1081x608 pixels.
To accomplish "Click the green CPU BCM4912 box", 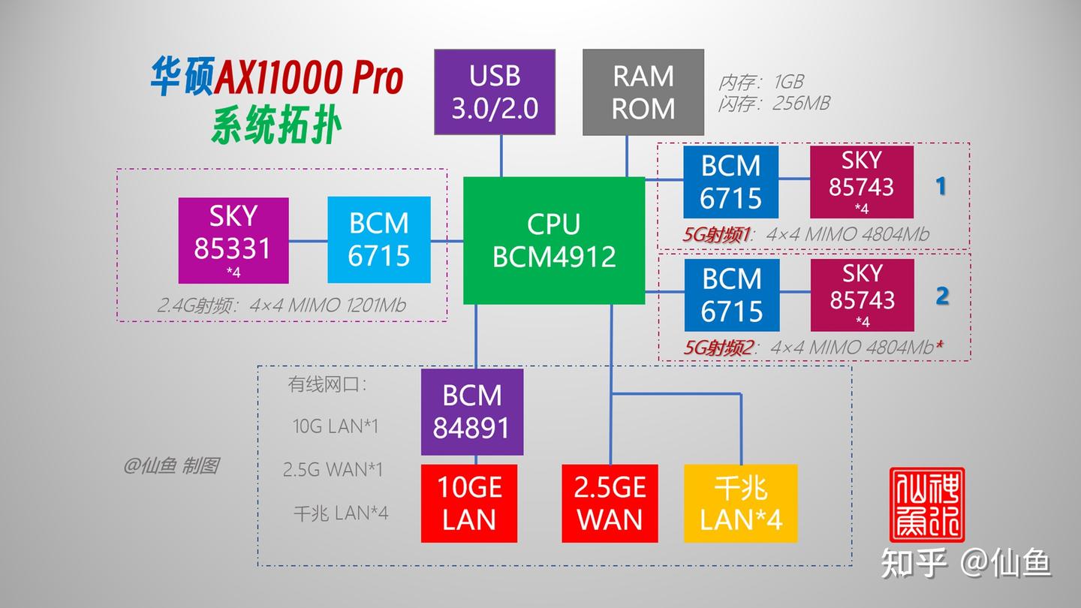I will click(554, 240).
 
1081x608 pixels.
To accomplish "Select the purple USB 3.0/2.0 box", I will click(495, 92).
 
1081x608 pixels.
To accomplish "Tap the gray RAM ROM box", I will click(643, 92).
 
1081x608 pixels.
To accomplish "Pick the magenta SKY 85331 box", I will click(233, 240).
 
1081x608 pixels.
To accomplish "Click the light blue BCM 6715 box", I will click(379, 240).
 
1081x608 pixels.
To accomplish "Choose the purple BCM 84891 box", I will click(471, 412).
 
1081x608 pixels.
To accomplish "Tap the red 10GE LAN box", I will click(469, 504).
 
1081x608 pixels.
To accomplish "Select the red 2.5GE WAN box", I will click(610, 504).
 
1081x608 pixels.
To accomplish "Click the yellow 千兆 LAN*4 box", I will click(740, 504).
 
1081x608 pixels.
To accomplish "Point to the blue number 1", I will click(941, 186).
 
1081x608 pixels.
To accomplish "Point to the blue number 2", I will click(942, 296).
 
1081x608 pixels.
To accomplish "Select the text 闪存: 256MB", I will click(773, 103).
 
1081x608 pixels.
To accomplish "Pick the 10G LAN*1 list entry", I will click(336, 426).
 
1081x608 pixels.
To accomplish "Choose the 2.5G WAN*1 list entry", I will click(333, 470).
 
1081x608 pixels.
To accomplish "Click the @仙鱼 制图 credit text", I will click(172, 466).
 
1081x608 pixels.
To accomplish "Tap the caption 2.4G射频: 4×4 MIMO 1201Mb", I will click(282, 306).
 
